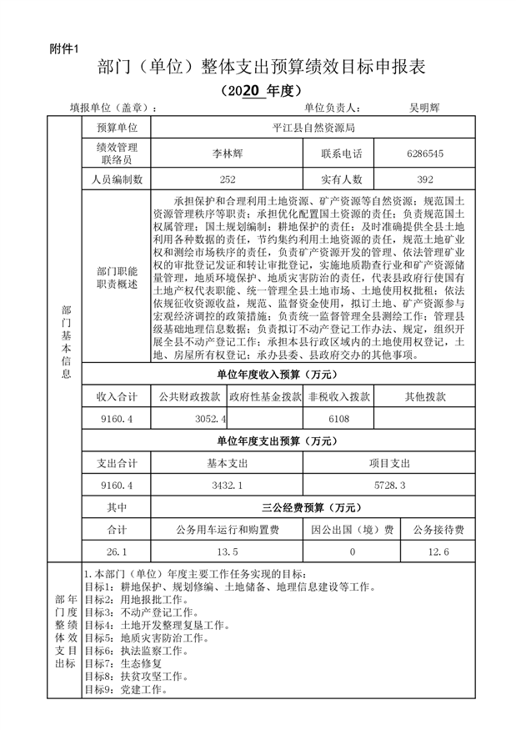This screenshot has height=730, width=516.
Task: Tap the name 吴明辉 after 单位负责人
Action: click(423, 108)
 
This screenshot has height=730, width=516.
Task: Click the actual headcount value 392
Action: click(425, 179)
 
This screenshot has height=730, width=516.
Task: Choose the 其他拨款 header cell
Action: click(425, 396)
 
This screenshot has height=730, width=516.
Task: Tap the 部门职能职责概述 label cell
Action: click(117, 278)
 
